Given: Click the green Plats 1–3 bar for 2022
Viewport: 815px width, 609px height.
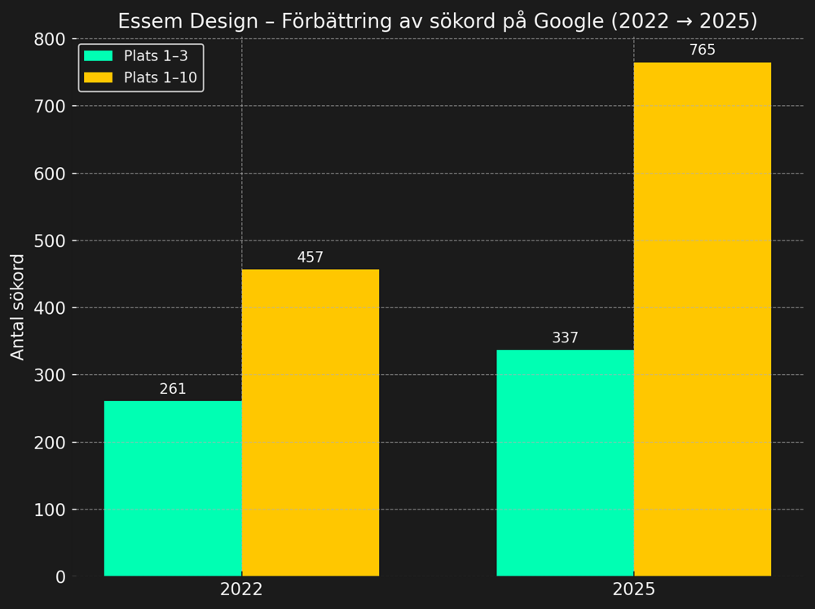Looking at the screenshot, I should click(173, 488).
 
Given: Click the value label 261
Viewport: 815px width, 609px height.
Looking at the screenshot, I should click(173, 390).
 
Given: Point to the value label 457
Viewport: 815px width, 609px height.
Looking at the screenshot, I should click(310, 258).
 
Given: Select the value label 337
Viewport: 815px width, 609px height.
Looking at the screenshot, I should click(565, 338).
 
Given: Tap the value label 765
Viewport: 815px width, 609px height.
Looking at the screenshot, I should click(702, 51).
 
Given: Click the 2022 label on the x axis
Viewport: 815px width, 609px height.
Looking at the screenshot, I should click(241, 589).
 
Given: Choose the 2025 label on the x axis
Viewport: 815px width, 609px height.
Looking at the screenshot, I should click(633, 589).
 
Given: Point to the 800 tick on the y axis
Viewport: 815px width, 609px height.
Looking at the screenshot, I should click(50, 39).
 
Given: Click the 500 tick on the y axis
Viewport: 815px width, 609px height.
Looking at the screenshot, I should click(50, 241).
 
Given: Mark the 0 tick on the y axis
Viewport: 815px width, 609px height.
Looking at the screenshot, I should click(60, 576).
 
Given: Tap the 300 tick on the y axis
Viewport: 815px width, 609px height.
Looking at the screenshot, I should click(50, 375).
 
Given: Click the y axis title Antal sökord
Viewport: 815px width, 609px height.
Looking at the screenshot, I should click(18, 307).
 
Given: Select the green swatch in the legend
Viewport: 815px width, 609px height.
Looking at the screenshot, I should click(98, 56).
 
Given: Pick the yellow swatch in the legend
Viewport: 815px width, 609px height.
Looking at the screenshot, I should click(98, 77).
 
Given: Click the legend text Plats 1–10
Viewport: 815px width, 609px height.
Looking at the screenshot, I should click(160, 77).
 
